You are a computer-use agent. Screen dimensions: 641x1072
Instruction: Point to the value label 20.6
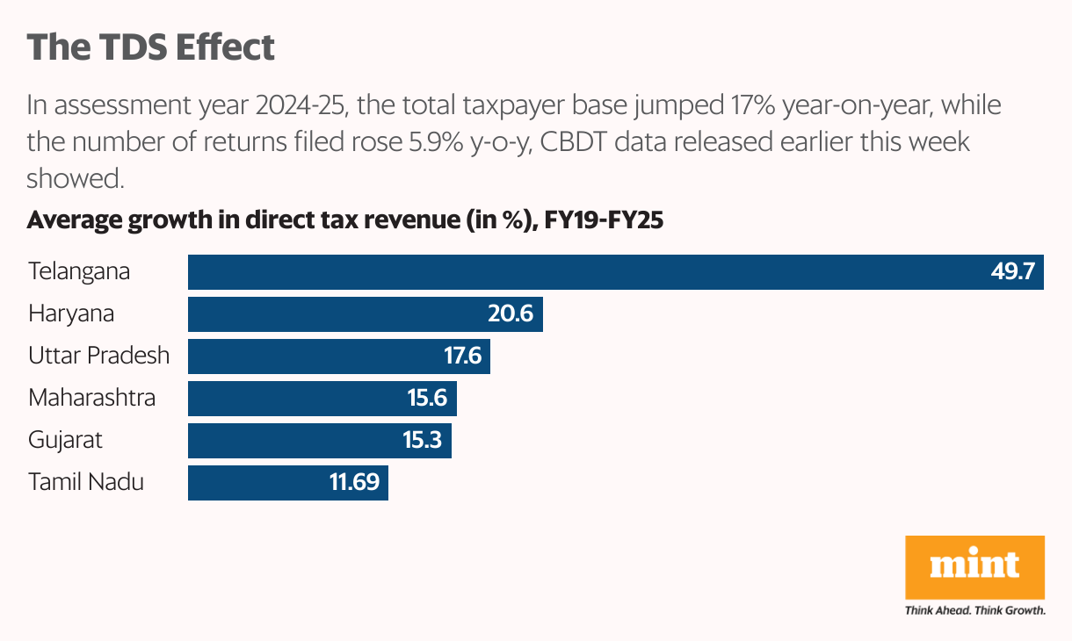[511, 313]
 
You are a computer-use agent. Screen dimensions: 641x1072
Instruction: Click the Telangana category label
[79, 271]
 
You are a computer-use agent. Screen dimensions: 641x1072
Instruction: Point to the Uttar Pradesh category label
[98, 356]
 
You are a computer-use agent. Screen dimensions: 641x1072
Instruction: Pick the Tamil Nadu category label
[86, 482]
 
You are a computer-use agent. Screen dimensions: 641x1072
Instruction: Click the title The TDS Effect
[150, 47]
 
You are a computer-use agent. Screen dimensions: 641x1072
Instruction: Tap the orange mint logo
[974, 567]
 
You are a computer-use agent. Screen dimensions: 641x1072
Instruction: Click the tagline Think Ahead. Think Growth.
[974, 610]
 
